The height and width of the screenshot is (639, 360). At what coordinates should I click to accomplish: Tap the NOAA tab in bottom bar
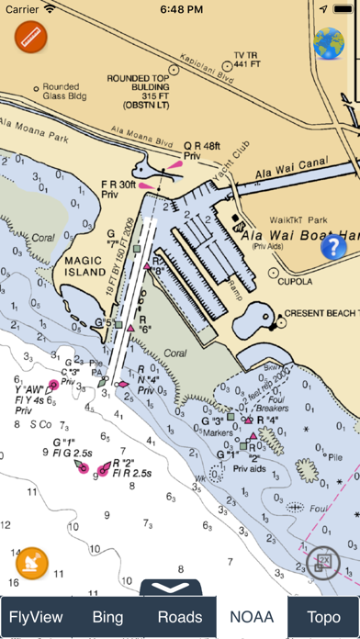[x=252, y=617]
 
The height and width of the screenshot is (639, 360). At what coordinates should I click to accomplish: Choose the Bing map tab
[x=108, y=617]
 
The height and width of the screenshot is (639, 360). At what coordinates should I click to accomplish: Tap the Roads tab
[x=180, y=617]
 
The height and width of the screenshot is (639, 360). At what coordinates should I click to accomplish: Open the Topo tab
[x=322, y=617]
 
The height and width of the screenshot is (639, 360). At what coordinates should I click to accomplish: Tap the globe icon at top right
[x=328, y=42]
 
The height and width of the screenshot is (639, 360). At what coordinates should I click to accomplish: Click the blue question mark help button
[x=332, y=246]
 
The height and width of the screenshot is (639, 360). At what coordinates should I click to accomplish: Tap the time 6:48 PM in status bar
[x=180, y=10]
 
